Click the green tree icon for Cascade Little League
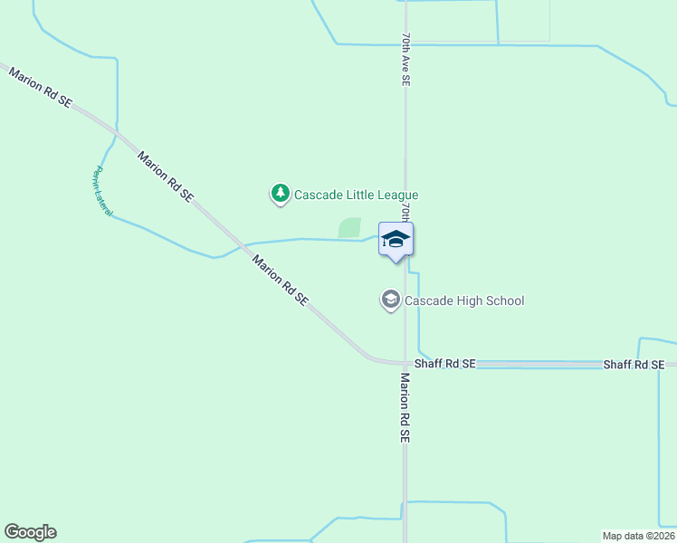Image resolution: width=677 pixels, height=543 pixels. [x=281, y=193]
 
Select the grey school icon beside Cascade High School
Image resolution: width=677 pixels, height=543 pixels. [x=390, y=300]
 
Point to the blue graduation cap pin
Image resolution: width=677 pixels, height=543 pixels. [x=396, y=240]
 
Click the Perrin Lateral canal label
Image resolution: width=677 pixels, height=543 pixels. [x=101, y=191]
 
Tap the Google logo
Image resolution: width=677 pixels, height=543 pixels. [x=30, y=532]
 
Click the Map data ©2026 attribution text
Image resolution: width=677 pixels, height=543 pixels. [x=638, y=535]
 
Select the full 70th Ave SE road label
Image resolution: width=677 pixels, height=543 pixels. [x=406, y=60]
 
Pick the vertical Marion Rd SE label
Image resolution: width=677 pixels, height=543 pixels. [x=405, y=409]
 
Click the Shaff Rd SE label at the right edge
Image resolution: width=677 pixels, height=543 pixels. [x=634, y=364]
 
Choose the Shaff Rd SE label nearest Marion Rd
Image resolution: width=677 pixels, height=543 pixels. [x=444, y=364]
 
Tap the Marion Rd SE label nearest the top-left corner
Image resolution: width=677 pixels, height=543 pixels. [x=39, y=87]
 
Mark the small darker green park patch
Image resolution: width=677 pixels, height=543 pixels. [x=349, y=228]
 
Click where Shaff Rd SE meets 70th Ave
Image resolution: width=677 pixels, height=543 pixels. [x=405, y=364]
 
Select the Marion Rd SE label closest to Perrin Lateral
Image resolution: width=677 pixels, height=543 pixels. [x=165, y=176]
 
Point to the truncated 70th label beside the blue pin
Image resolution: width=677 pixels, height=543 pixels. [x=406, y=214]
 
